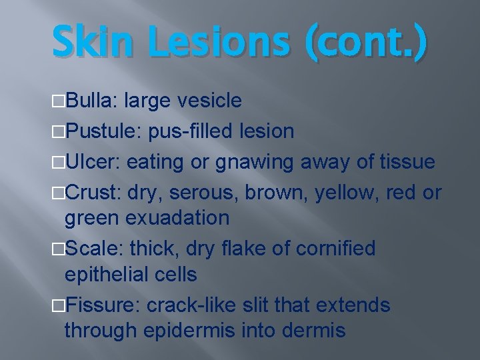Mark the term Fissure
coord(101,305)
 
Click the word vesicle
coord(209,101)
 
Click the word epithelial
coord(107,274)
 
